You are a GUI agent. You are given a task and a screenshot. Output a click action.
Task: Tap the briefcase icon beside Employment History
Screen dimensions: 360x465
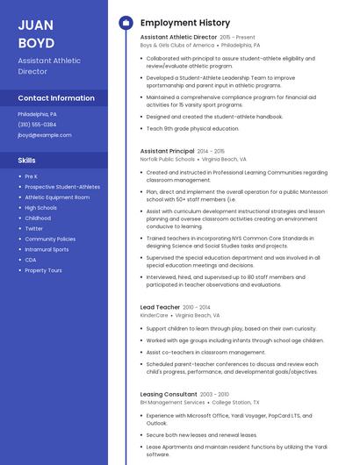(125, 22)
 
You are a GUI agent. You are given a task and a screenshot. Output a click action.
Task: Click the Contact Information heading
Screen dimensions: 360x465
(56, 98)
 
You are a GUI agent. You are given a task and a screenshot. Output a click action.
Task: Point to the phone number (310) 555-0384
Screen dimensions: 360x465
(37, 125)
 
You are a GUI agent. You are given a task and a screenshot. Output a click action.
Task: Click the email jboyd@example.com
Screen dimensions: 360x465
(45, 135)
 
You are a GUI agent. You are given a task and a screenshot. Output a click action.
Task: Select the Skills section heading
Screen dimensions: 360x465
(27, 161)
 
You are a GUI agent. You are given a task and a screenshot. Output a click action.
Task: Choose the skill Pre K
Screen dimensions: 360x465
(32, 176)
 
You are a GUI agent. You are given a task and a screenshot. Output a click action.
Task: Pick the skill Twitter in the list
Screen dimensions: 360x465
(34, 228)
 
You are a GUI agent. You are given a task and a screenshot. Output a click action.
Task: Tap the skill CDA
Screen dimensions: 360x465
(31, 260)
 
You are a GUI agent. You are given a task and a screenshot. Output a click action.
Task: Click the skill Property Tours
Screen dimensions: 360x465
(43, 270)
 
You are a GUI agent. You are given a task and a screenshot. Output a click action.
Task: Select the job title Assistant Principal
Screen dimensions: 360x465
(167, 151)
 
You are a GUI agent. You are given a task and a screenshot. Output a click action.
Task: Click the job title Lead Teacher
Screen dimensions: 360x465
(160, 306)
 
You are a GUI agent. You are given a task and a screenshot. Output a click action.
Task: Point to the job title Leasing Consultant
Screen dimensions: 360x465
(169, 394)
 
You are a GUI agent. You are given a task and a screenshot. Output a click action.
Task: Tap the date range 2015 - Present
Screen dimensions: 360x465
(238, 38)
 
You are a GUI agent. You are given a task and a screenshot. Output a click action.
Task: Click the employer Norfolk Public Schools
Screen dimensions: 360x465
(167, 160)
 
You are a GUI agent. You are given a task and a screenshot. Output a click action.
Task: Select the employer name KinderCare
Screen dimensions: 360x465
(154, 315)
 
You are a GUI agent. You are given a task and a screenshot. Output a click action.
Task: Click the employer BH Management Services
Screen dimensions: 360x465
(172, 402)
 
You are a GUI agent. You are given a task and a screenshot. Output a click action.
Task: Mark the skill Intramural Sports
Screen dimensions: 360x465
(47, 249)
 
